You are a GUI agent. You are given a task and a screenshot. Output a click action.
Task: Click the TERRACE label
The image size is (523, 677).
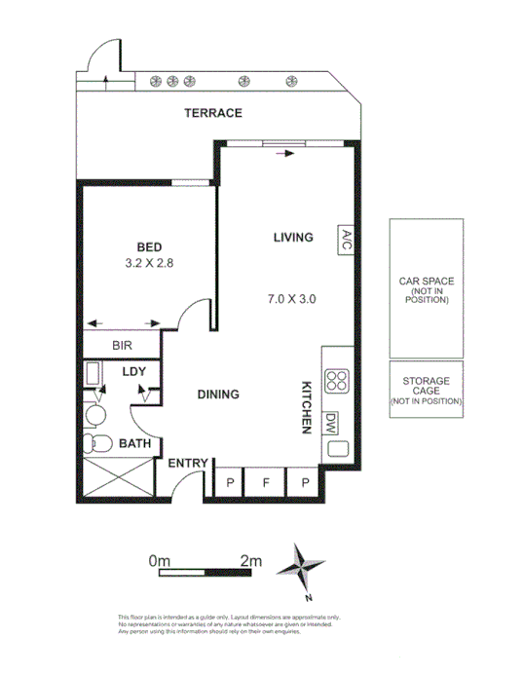click(x=213, y=113)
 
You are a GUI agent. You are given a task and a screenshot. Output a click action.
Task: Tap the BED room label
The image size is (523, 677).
click(x=149, y=246)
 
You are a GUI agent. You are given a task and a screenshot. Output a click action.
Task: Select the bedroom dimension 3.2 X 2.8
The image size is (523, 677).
click(x=149, y=263)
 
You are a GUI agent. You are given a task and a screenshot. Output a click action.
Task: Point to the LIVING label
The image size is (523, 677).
click(x=292, y=237)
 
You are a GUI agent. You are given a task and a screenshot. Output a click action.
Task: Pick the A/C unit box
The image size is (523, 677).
click(x=345, y=240)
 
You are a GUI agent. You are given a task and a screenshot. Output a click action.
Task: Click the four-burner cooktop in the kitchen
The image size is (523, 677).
click(x=336, y=382)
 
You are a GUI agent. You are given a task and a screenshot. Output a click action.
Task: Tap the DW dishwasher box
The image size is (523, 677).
click(x=331, y=424)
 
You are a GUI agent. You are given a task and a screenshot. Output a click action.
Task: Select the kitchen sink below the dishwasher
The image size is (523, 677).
click(x=337, y=450)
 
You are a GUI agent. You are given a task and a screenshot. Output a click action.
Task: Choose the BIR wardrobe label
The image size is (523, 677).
click(x=122, y=345)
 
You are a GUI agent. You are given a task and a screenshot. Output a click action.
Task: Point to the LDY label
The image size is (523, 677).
click(x=133, y=372)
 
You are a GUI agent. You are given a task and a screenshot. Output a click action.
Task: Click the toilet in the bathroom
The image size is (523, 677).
click(x=98, y=445)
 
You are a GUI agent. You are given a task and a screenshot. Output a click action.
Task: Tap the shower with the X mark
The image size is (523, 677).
click(x=113, y=480)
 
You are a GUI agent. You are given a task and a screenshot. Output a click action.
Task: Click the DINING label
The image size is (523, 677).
click(x=218, y=395)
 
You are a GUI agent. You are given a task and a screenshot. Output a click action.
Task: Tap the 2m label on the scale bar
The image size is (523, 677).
click(x=251, y=560)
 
